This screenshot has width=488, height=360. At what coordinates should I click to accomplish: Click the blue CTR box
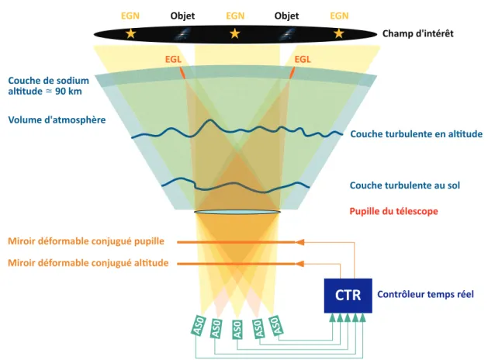click(x=348, y=296)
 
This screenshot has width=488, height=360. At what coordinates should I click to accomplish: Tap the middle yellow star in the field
click(x=234, y=33)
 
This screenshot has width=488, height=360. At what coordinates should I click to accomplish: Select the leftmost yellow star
click(x=130, y=33)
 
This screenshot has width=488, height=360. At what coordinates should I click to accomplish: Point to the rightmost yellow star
click(x=338, y=33)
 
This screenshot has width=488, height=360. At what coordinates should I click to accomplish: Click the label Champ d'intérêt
click(x=417, y=33)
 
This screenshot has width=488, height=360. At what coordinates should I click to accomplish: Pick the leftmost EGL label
click(x=173, y=59)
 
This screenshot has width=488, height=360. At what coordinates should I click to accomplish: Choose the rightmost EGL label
click(x=303, y=59)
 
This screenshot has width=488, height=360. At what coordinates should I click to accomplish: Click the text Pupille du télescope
click(x=393, y=211)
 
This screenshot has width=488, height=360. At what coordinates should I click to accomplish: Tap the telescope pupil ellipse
click(x=237, y=213)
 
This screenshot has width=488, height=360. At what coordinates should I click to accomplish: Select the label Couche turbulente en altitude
click(x=417, y=133)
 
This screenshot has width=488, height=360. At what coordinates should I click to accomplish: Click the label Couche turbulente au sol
click(x=405, y=185)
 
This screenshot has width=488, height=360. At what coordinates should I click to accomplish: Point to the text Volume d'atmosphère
click(x=57, y=119)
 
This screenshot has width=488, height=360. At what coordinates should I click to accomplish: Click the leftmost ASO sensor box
click(x=199, y=326)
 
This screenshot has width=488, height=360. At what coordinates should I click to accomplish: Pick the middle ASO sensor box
click(x=237, y=330)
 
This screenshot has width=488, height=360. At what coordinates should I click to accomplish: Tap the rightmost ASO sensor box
click(x=275, y=326)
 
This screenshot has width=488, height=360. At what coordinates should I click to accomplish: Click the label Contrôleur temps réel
click(x=425, y=294)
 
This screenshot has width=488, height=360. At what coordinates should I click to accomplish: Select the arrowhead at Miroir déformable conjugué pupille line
click(x=299, y=242)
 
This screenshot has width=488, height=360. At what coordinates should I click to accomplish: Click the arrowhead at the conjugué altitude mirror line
click(x=299, y=264)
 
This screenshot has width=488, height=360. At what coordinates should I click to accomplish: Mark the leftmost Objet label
click(x=182, y=16)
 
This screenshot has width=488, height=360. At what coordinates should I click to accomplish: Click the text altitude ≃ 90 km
click(x=45, y=92)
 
